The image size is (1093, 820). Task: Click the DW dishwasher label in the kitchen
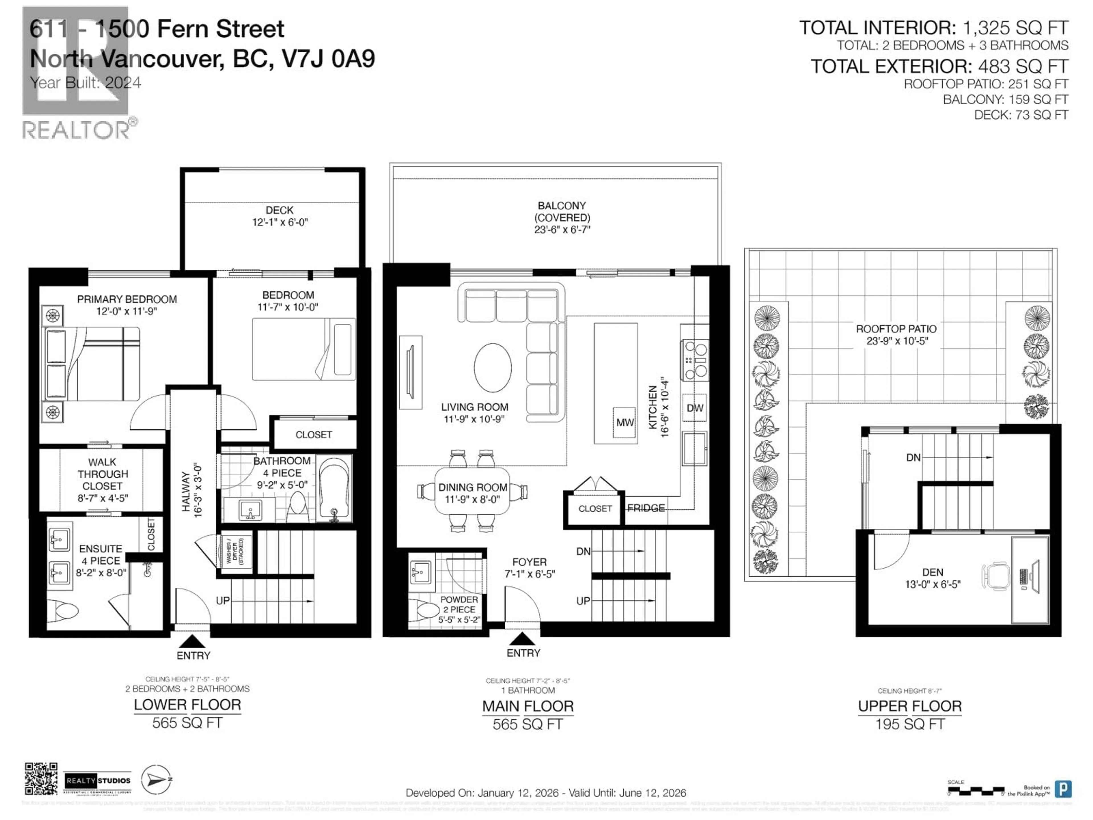point(695,408)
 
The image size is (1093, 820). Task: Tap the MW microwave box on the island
point(624,423)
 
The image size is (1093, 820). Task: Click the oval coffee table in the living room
point(493,367)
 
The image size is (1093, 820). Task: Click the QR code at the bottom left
point(41,778)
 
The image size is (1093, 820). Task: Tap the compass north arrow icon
point(156,780)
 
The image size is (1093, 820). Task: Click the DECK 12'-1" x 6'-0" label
point(280,216)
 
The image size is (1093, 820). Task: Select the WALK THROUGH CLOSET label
point(102,479)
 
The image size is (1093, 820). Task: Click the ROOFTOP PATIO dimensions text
point(896,341)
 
